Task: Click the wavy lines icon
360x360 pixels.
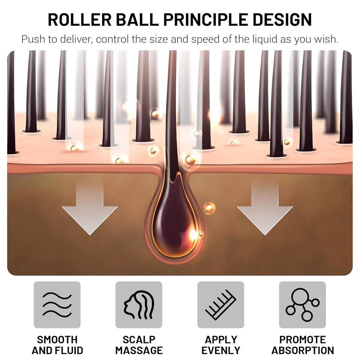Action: [57, 305]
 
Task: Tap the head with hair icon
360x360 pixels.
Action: [139, 305]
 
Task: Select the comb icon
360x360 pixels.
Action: [220, 305]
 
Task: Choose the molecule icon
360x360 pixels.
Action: [302, 305]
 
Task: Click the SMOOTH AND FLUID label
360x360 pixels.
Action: [57, 345]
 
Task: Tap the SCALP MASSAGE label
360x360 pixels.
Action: [139, 345]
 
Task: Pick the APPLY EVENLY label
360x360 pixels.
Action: [220, 345]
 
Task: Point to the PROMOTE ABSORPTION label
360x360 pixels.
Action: [302, 345]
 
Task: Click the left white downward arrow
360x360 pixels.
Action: [90, 208]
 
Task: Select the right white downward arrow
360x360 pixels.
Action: [265, 208]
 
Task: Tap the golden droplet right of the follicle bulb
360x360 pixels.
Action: [209, 208]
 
